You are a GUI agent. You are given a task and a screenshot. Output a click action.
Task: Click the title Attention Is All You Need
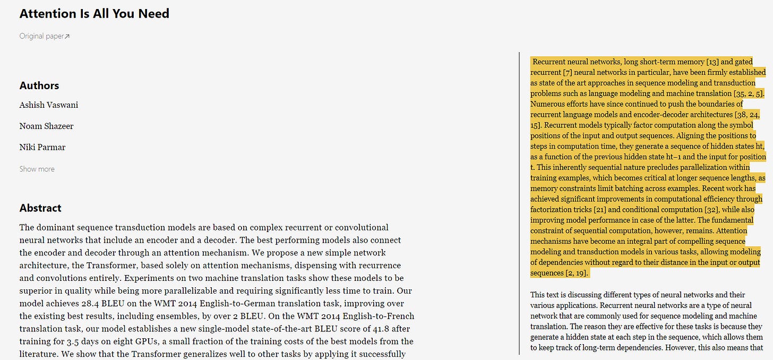95,14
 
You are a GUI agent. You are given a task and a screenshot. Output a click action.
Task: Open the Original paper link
41,36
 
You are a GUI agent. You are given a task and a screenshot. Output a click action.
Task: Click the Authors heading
39,85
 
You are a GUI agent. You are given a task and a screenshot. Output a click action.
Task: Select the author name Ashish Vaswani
49,105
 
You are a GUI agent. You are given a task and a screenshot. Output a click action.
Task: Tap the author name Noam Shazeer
46,126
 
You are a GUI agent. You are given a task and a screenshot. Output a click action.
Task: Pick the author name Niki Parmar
42,148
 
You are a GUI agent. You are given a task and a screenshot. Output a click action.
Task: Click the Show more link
37,169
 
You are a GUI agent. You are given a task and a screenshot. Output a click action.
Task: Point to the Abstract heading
40,208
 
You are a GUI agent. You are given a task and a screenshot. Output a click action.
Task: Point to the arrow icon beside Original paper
67,37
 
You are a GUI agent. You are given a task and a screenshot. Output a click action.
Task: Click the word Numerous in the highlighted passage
548,104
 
